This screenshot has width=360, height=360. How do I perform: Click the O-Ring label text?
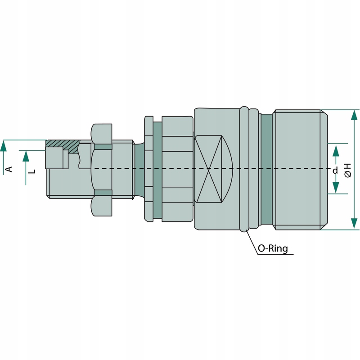coord(273,248)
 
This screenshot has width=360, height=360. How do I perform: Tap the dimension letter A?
coord(8,169)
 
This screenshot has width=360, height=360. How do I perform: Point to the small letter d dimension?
coord(335,171)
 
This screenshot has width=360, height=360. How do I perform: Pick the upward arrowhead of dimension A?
coord(4,145)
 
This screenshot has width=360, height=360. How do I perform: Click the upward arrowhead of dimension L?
coord(26,156)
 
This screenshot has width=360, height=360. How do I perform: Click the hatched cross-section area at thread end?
coord(63,144)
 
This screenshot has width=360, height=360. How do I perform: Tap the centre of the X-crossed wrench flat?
coord(210,169)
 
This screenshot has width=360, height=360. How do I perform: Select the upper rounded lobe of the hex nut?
coord(101,132)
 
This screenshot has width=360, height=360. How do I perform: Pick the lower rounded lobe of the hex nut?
coord(101,206)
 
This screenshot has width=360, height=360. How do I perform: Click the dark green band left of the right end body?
coord(266,169)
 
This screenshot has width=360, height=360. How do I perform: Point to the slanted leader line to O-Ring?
coord(252,243)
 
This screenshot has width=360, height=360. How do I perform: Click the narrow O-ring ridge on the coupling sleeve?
coord(244,169)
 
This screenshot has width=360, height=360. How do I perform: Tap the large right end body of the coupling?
coord(299,169)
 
